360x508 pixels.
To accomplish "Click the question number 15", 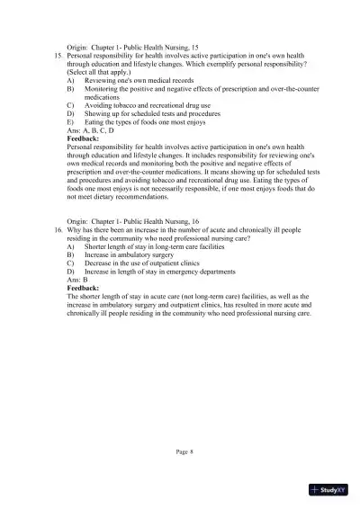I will tap(59, 56).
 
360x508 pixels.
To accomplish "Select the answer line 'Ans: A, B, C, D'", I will tap(92, 130).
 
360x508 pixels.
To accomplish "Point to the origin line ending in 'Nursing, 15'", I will tap(124, 46).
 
